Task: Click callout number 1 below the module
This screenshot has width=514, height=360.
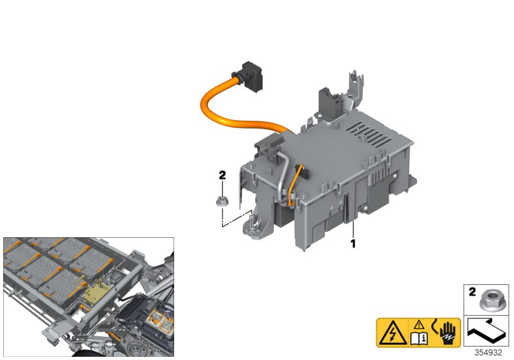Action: click(352, 244)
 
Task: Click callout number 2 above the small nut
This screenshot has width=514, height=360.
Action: click(222, 175)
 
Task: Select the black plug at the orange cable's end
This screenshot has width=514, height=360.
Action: click(250, 75)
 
